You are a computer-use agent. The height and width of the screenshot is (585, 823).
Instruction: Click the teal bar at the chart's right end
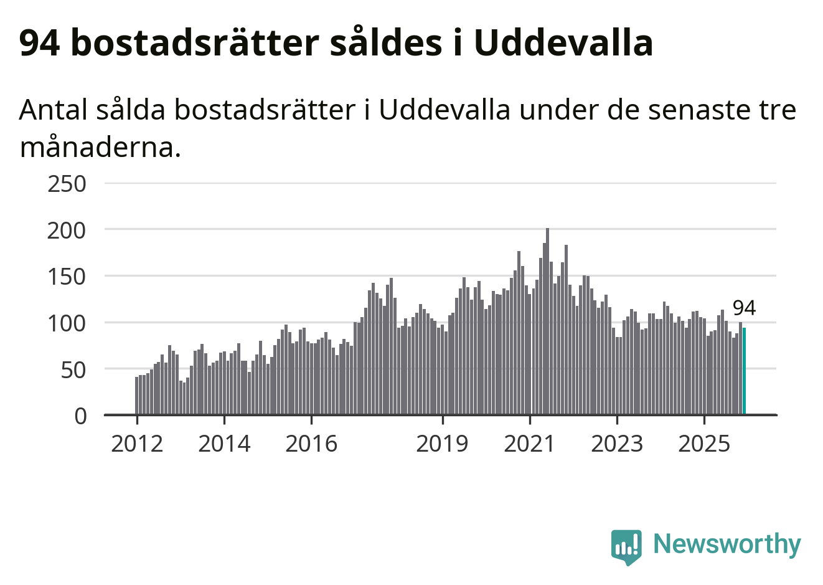coord(744,371)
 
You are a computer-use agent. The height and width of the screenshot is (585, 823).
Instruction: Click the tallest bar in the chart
coord(547,321)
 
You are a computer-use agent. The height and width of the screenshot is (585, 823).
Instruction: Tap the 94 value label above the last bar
coord(744,308)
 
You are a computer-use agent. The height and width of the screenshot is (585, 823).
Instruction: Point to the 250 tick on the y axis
coord(67,184)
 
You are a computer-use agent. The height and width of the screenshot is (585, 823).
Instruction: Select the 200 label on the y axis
coord(67,231)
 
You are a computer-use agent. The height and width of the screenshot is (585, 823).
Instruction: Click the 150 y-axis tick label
coord(67,277)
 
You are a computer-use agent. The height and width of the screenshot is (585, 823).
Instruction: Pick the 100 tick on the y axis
coord(67,323)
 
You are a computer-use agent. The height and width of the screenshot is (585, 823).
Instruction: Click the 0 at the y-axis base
coord(80,416)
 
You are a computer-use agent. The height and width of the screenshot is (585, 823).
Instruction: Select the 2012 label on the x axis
coord(137,444)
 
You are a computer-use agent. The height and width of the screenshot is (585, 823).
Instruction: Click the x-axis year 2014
coord(224,444)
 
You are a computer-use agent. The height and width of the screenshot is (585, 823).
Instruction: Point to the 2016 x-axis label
coord(311,444)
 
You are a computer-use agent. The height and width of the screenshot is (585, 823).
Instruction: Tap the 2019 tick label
coord(442,444)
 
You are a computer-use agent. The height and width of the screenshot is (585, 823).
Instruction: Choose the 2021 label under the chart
coord(529,444)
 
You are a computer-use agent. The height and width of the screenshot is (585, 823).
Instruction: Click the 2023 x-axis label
coord(616,444)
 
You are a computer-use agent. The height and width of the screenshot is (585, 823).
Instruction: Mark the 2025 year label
coord(703,444)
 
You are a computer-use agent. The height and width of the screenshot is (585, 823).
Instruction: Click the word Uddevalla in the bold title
coord(563,42)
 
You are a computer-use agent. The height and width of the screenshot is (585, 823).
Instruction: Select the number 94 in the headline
coord(39,42)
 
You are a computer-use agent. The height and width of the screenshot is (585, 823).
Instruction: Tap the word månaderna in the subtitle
coord(100,148)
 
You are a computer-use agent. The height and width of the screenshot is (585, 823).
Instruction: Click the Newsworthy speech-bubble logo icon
coord(626,546)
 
